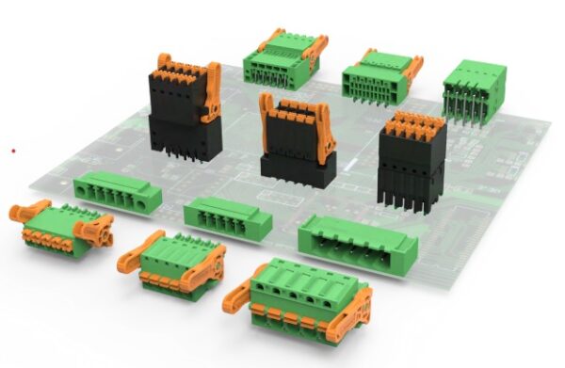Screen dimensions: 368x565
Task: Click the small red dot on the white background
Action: coord(12,150)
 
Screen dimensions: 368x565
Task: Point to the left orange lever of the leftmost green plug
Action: coord(28,210)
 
